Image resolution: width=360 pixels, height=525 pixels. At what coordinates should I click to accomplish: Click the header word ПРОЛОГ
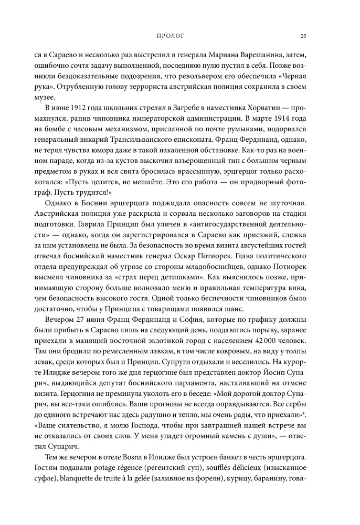click(170, 36)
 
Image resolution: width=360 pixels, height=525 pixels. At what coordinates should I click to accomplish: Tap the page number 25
click(302, 36)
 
